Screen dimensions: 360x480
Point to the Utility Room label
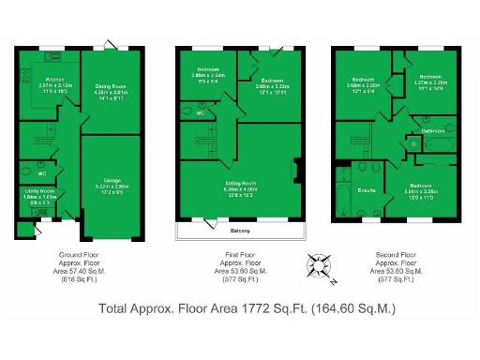pyautogui.click(x=39, y=194)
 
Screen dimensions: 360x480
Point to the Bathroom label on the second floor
pyautogui.click(x=432, y=131)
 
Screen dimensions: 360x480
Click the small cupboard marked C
pyautogui.click(x=413, y=144)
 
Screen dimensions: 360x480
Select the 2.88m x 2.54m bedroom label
pyautogui.click(x=206, y=76)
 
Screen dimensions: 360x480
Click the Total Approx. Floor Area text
pyautogui.click(x=247, y=308)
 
